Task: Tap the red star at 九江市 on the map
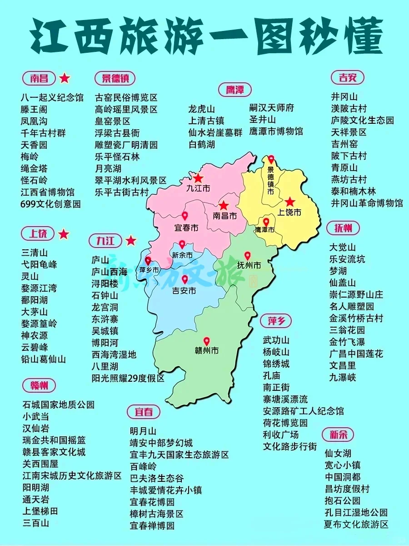198,178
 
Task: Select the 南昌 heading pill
39,78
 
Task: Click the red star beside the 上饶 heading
64,234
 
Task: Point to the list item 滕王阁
34,110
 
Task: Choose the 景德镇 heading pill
115,78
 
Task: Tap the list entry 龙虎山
202,109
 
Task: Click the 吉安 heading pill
348,78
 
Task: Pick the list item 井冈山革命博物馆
366,203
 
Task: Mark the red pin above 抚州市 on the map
248,256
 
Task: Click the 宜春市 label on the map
186,228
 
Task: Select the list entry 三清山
34,253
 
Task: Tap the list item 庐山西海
110,272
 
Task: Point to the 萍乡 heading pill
276,321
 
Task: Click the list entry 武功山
276,340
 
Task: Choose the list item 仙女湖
338,454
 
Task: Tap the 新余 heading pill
338,434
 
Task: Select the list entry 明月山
143,431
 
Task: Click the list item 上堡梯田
40,511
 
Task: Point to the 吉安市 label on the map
184,290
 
